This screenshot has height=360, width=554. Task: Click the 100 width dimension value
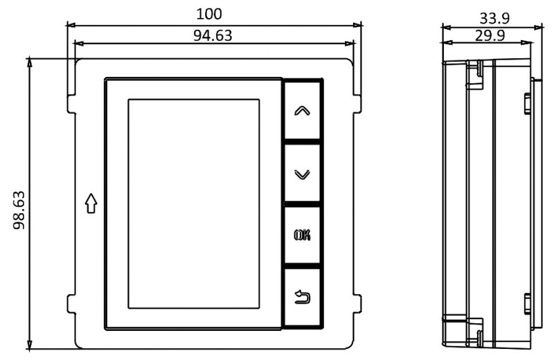pyautogui.click(x=209, y=14)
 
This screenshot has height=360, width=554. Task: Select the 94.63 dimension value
pyautogui.click(x=213, y=35)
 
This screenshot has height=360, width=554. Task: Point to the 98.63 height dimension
pyautogui.click(x=19, y=210)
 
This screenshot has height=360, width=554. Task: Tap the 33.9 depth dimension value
pyautogui.click(x=494, y=19)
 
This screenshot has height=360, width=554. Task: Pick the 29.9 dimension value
pyautogui.click(x=490, y=35)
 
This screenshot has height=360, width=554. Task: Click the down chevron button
pyautogui.click(x=302, y=173)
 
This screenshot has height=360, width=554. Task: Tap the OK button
pyautogui.click(x=302, y=235)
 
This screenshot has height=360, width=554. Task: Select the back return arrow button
pyautogui.click(x=302, y=297)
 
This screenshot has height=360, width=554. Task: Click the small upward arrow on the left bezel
pyautogui.click(x=91, y=203)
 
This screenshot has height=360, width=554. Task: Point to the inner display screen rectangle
pyautogui.click(x=194, y=204)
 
